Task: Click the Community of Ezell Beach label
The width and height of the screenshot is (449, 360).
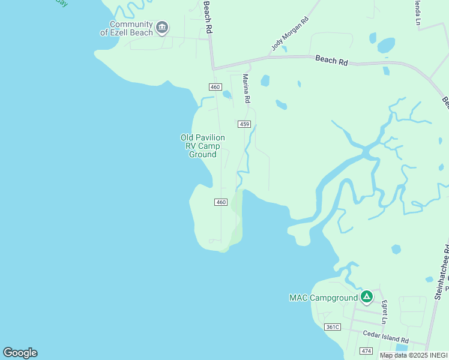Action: pyautogui.click(x=126, y=28)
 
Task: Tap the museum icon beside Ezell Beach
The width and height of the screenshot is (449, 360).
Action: pyautogui.click(x=161, y=27)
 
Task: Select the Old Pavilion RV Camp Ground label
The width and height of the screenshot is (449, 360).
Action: pyautogui.click(x=203, y=146)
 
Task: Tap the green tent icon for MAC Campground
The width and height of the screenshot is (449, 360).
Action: pyautogui.click(x=367, y=296)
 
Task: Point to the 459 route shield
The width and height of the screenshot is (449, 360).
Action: pyautogui.click(x=244, y=124)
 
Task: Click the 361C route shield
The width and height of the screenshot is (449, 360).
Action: pyautogui.click(x=332, y=327)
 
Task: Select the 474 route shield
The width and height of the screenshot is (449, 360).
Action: pyautogui.click(x=366, y=350)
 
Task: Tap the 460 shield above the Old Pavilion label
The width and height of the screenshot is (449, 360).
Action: pyautogui.click(x=215, y=88)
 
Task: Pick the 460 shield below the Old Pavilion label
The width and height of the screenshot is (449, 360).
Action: pyautogui.click(x=221, y=202)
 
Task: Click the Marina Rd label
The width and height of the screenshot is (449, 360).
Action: pyautogui.click(x=246, y=88)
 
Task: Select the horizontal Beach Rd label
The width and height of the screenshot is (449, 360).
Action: pyautogui.click(x=331, y=60)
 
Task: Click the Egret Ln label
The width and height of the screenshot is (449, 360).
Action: pyautogui.click(x=385, y=310)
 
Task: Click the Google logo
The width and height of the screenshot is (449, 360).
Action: pyautogui.click(x=20, y=353)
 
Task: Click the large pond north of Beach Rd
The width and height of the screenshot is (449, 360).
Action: pyautogui.click(x=386, y=45)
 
